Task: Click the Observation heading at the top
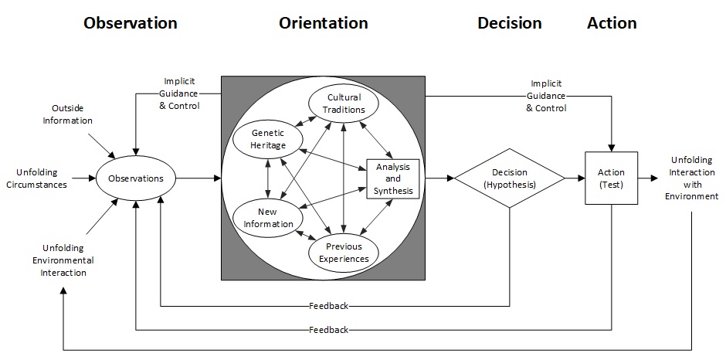(x=131, y=23)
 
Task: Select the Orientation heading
(x=323, y=23)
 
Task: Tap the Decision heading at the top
(x=510, y=23)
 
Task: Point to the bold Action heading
(x=612, y=23)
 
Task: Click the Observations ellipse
(x=136, y=178)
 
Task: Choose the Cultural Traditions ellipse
(x=344, y=104)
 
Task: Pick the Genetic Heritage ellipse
(x=267, y=139)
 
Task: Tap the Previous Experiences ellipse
(x=344, y=253)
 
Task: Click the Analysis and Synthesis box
(x=393, y=178)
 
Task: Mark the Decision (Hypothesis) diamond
(x=509, y=178)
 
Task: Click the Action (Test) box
(x=612, y=178)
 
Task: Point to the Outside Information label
(x=72, y=114)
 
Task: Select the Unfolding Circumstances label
(x=42, y=178)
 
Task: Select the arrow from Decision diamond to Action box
(x=574, y=178)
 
